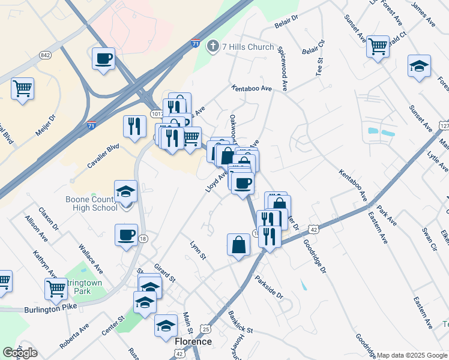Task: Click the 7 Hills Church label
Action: coord(247,47)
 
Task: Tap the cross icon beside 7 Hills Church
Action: coord(212,46)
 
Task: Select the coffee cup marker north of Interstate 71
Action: coord(104,59)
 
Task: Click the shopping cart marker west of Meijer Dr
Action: coord(22,89)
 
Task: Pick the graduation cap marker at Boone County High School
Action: coord(126,191)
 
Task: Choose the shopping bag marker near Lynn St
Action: coord(238,245)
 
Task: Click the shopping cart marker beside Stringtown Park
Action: coord(56,289)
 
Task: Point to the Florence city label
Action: coord(193,341)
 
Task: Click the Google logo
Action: coord(20,353)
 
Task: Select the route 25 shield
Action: coord(206,329)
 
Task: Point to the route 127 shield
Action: coord(444,127)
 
